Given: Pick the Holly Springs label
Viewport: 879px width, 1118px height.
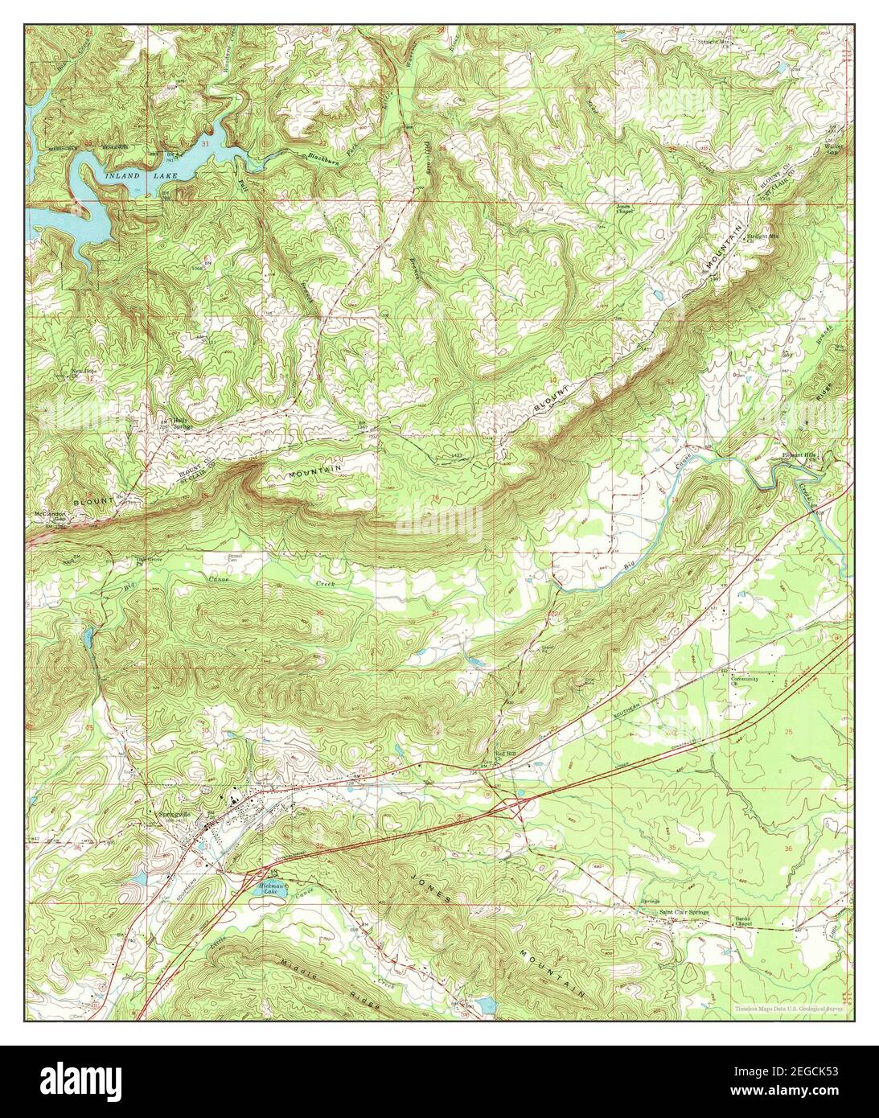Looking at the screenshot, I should tap(170, 423).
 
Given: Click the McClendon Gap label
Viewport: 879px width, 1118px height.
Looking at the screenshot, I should tap(49, 516).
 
